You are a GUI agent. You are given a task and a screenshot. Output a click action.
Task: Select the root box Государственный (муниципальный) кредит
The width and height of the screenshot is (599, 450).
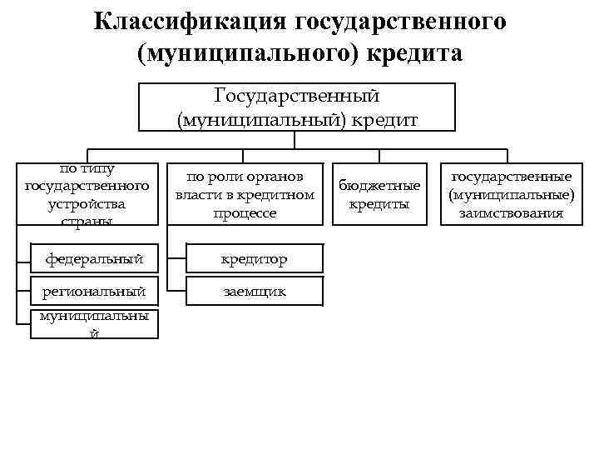(298, 107)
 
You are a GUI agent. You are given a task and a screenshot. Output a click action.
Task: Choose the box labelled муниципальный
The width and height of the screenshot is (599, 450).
(94, 324)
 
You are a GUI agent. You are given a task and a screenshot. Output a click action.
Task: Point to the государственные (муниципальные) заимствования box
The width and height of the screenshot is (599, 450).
(510, 194)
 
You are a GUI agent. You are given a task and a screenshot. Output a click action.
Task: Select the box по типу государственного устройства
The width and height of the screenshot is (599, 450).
(87, 194)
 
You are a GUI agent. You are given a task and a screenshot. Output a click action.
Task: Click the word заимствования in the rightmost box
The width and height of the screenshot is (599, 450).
(510, 213)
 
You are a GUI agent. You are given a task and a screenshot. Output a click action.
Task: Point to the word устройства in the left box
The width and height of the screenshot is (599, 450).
(87, 203)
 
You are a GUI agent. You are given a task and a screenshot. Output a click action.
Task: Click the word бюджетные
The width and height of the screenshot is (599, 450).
(379, 185)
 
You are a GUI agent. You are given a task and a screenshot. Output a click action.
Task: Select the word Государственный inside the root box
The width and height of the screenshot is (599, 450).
(298, 97)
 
